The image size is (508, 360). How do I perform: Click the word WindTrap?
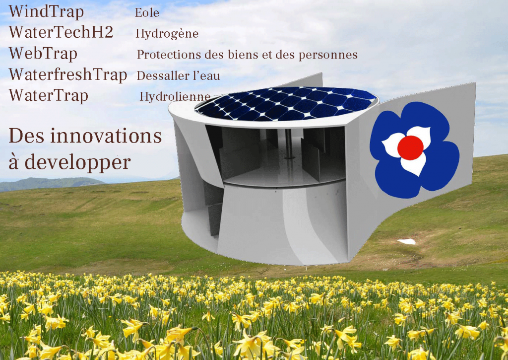pyautogui.click(x=46, y=12)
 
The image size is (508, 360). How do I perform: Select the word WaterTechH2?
pyautogui.click(x=61, y=32)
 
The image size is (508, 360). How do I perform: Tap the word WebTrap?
pyautogui.click(x=43, y=54)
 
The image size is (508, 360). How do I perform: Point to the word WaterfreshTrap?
pyautogui.click(x=67, y=74)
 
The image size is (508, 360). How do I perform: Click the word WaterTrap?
pyautogui.click(x=48, y=96)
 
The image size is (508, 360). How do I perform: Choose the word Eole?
pyautogui.click(x=147, y=12)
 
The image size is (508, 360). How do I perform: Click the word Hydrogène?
pyautogui.click(x=167, y=34)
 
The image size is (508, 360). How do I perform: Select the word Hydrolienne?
pyautogui.click(x=175, y=97)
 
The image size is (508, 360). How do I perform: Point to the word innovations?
pyautogui.click(x=106, y=136)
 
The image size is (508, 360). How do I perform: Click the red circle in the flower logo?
pyautogui.click(x=410, y=148)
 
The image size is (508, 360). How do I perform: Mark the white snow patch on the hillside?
pyautogui.click(x=407, y=241)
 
